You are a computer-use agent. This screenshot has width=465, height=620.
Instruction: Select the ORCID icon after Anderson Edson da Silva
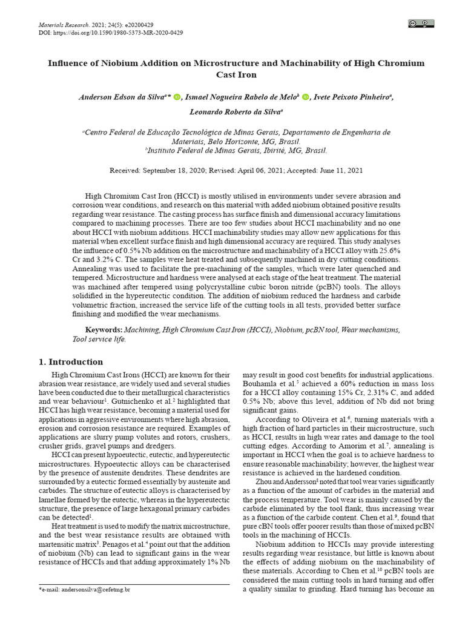[x=177, y=97]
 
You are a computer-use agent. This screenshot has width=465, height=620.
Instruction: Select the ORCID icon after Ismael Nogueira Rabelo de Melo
[x=305, y=97]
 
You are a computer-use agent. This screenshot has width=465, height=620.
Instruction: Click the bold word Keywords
[x=104, y=329]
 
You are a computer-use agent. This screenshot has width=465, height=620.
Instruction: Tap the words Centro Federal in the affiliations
[x=115, y=132]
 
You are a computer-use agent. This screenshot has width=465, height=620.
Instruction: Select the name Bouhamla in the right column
[x=260, y=384]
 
